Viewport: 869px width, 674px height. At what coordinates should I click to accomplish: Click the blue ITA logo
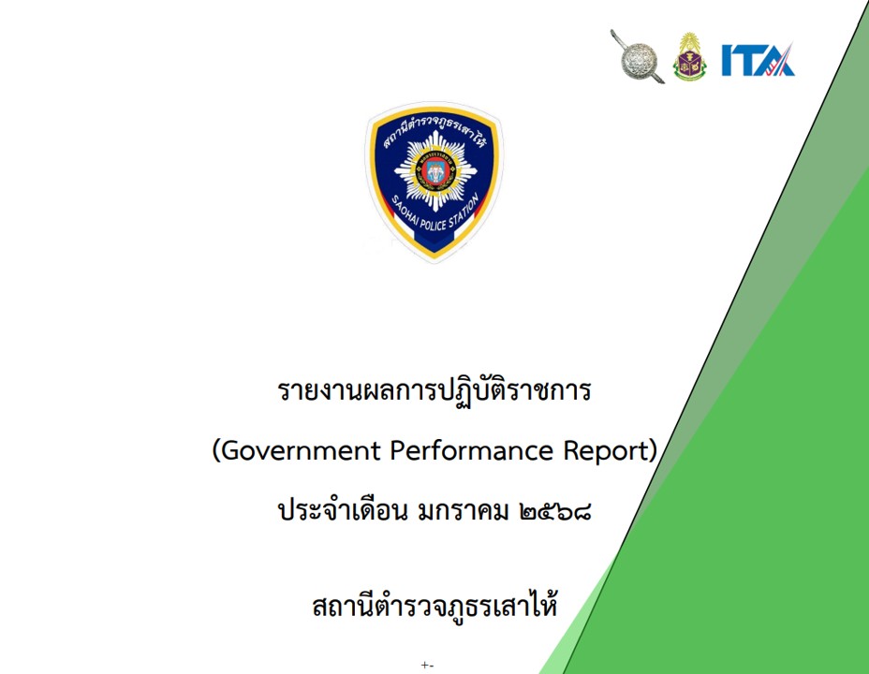pos(758,59)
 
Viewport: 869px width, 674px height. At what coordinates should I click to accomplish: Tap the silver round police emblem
pos(638,57)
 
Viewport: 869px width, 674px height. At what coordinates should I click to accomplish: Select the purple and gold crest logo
pos(689,56)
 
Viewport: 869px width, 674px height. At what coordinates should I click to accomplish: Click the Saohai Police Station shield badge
pos(434,182)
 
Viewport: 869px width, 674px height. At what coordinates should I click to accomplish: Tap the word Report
pos(605,452)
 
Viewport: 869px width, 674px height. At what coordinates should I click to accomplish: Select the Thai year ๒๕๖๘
pos(555,510)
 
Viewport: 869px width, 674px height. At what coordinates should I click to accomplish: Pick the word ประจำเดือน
pos(343,509)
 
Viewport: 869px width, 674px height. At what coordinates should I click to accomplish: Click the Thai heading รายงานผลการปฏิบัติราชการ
pos(434,391)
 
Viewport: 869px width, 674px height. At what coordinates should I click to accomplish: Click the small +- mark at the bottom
pos(427,665)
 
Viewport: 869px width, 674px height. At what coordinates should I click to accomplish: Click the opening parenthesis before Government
pos(216,452)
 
